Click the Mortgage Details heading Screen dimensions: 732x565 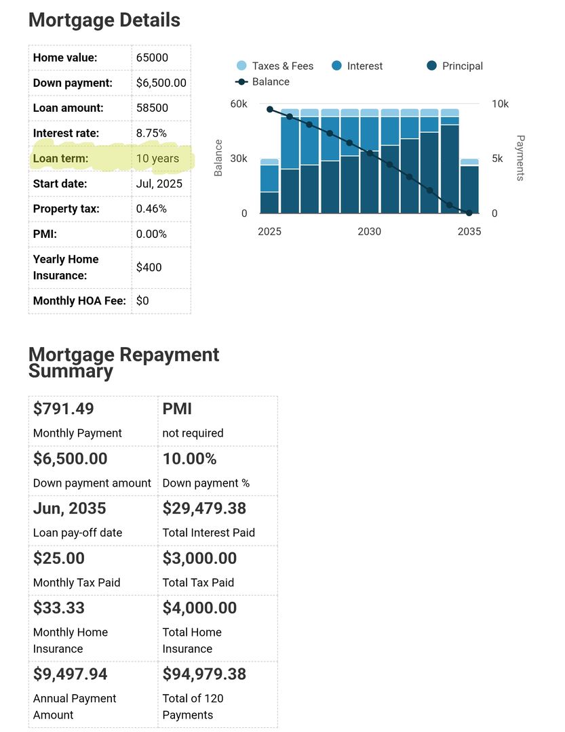point(104,20)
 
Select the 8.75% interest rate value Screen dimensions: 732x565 point(151,134)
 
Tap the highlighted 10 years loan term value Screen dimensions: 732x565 point(157,159)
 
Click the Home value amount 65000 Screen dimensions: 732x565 point(152,58)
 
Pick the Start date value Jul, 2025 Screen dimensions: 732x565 point(159,184)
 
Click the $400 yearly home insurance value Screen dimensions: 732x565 point(149,267)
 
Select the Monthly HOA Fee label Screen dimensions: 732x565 point(79,300)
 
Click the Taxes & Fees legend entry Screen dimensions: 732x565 point(275,66)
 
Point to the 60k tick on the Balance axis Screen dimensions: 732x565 point(238,104)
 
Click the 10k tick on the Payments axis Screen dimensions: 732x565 point(500,104)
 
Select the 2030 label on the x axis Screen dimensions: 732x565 point(370,231)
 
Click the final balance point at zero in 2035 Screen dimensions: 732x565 point(469,213)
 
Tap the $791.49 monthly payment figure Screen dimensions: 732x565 point(64,409)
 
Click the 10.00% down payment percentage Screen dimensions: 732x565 point(189,459)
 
